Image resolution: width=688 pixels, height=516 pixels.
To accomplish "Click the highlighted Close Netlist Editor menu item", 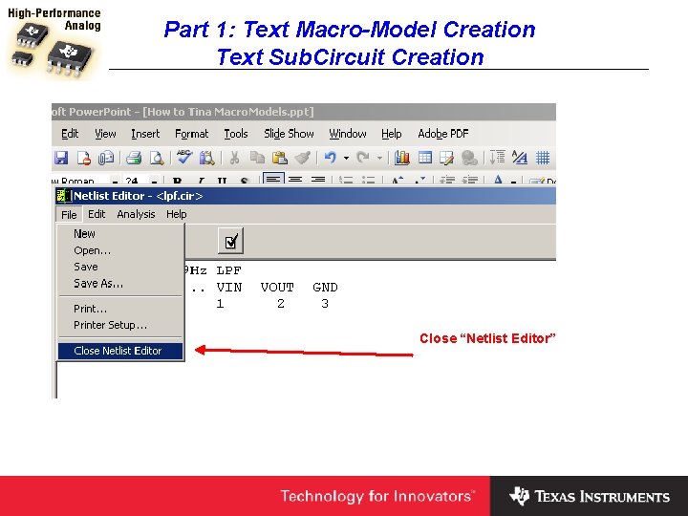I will click(x=118, y=351).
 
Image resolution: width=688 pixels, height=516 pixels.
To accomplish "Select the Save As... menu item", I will click(x=98, y=283).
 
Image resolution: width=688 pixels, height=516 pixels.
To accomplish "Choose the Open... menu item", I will click(x=92, y=250).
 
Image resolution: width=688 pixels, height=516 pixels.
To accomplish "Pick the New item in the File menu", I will click(x=84, y=233).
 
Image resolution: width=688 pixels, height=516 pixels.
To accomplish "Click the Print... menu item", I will click(x=90, y=309).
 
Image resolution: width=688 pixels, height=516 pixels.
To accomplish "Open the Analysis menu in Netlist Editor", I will click(x=136, y=214).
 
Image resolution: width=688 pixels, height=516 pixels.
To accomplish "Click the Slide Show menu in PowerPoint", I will click(x=289, y=134).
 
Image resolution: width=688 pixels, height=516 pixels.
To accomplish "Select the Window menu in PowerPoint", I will click(x=348, y=134).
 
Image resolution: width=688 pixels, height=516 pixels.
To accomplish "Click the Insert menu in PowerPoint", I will click(x=145, y=134).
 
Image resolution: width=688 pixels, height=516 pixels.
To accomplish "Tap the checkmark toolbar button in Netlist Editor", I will click(x=229, y=240).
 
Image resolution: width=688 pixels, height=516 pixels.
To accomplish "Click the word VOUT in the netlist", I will click(x=277, y=287).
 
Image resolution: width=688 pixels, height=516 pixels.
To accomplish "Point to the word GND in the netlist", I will click(x=325, y=287).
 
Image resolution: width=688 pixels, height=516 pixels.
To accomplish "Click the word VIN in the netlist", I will click(x=229, y=287).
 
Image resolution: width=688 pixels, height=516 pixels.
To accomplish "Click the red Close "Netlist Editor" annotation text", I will click(x=487, y=338).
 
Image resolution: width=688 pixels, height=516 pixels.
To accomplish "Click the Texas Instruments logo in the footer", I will click(x=590, y=496).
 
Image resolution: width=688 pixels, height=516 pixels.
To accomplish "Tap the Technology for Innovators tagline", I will click(x=376, y=496).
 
